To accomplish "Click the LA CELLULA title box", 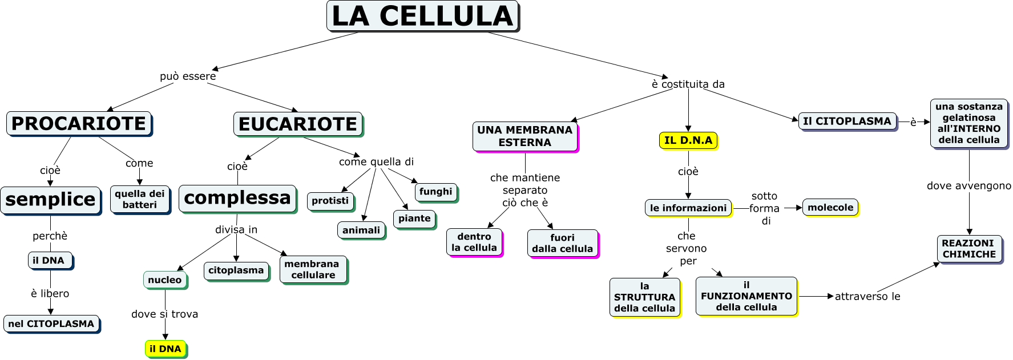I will pos(422,16).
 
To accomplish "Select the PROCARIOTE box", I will pos(79,123).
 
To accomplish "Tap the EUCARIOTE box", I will pos(298,124).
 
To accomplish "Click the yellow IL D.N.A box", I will pos(688,140).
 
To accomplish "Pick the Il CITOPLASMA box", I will pos(847,121).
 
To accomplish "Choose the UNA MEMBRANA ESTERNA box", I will pos(525,136).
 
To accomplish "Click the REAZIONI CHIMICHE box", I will pos(969,249).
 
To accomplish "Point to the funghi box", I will pos(435,192).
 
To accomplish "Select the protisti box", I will pos(330,201).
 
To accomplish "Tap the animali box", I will pos(361,230).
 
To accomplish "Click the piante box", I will pos(414,219).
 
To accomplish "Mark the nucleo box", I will pos(164,280).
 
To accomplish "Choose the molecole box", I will pos(830,208).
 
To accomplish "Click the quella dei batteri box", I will pos(139,199).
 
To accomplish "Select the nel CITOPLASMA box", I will pos(51,323).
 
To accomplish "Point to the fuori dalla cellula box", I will pos(562,243).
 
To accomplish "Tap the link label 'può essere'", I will pos(188,76).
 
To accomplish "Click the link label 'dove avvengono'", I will pos(968,185).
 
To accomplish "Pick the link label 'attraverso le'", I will pos(867,296).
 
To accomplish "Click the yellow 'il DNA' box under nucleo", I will pos(165,349).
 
